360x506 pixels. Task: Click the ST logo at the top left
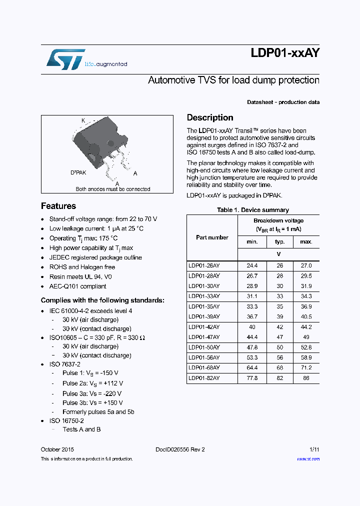click(x=65, y=59)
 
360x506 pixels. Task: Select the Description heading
click(x=210, y=117)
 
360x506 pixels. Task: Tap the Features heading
click(x=58, y=206)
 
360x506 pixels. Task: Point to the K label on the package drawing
click(x=83, y=120)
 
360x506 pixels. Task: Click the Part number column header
click(x=212, y=237)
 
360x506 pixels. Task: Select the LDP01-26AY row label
click(x=204, y=266)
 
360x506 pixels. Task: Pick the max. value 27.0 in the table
click(x=306, y=266)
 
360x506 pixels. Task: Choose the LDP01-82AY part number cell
click(x=204, y=378)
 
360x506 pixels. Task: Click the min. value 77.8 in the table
click(x=252, y=378)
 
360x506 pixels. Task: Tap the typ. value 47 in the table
click(x=279, y=337)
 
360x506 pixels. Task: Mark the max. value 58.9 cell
click(x=306, y=357)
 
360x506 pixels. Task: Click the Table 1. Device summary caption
click(x=252, y=210)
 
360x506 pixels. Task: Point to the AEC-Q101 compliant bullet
click(x=77, y=286)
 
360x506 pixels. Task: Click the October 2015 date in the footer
click(x=57, y=449)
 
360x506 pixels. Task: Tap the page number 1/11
click(x=314, y=449)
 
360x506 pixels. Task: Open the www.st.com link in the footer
click(x=308, y=458)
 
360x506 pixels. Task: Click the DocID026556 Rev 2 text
click(x=176, y=449)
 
